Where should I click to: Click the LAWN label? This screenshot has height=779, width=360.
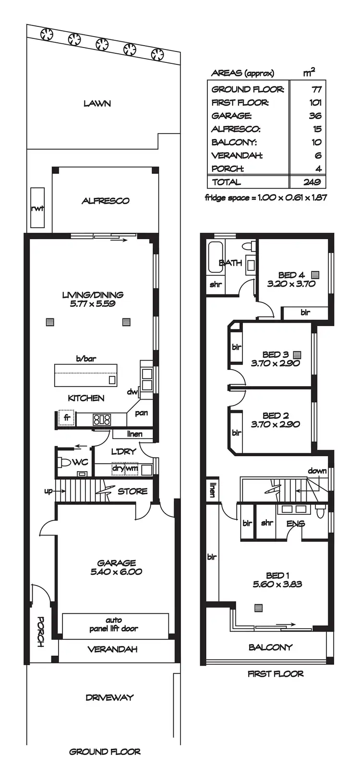(x=97, y=103)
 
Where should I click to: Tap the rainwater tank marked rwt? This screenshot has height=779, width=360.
(x=37, y=208)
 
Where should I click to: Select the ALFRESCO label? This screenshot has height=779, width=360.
(x=105, y=201)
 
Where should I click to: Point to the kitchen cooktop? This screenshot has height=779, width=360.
(x=101, y=419)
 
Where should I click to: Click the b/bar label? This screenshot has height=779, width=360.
(x=86, y=358)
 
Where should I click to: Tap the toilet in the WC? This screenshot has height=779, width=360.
(x=64, y=463)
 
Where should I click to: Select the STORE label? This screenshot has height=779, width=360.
(x=132, y=491)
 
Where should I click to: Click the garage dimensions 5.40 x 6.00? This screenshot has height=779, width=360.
(x=116, y=572)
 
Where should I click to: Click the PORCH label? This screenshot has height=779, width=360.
(x=41, y=631)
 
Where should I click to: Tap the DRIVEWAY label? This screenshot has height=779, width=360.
(x=109, y=697)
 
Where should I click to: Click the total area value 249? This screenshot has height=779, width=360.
(x=312, y=182)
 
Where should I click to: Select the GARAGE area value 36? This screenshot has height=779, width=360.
(x=315, y=116)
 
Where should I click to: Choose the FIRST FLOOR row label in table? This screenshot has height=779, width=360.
(x=240, y=102)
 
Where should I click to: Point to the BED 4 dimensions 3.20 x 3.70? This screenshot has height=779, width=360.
(x=291, y=283)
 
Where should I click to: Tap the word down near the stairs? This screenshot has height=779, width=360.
(x=317, y=471)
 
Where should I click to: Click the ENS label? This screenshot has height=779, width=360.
(x=295, y=523)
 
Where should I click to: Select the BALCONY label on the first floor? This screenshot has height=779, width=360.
(x=270, y=647)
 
